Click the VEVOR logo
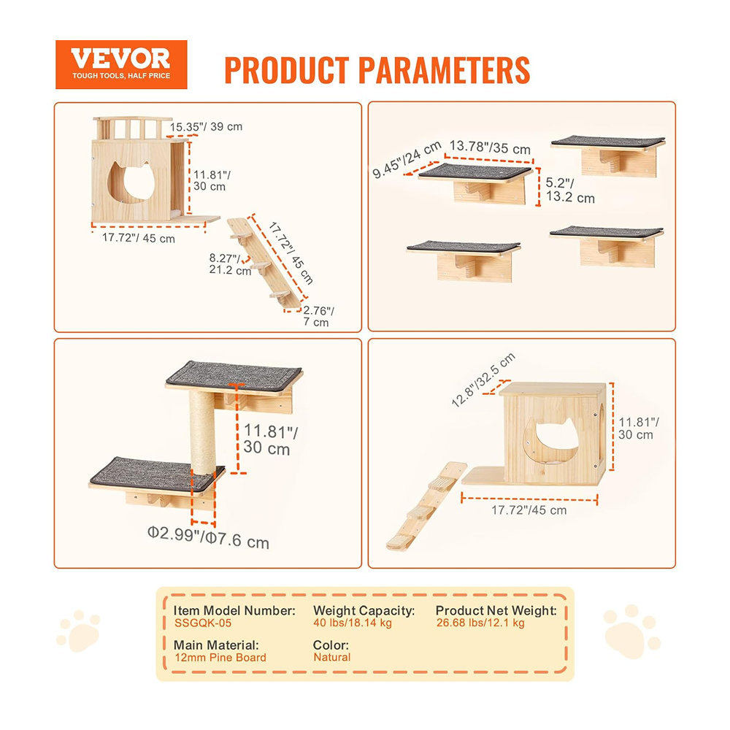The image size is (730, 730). click(121, 64)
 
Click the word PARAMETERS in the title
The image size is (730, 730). click(444, 70)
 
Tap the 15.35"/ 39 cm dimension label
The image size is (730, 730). click(206, 126)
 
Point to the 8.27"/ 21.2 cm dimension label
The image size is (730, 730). click(230, 264)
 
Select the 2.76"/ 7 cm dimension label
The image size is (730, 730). click(318, 316)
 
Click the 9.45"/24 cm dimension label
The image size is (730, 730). click(407, 160)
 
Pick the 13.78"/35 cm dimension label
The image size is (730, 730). click(490, 147)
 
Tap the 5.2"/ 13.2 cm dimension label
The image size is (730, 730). click(570, 190)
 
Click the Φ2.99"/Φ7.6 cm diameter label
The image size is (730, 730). click(208, 537)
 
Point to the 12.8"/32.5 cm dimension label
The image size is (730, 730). click(483, 380)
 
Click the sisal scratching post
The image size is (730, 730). click(203, 432)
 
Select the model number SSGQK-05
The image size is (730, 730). click(203, 623)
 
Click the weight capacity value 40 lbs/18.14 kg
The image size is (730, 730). click(353, 623)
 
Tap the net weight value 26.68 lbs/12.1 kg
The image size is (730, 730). click(480, 623)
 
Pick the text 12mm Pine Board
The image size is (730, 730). click(220, 658)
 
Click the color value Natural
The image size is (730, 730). click(332, 658)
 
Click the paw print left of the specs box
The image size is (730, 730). click(79, 631)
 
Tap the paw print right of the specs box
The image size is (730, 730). click(631, 631)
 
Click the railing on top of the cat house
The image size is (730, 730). click(133, 128)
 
